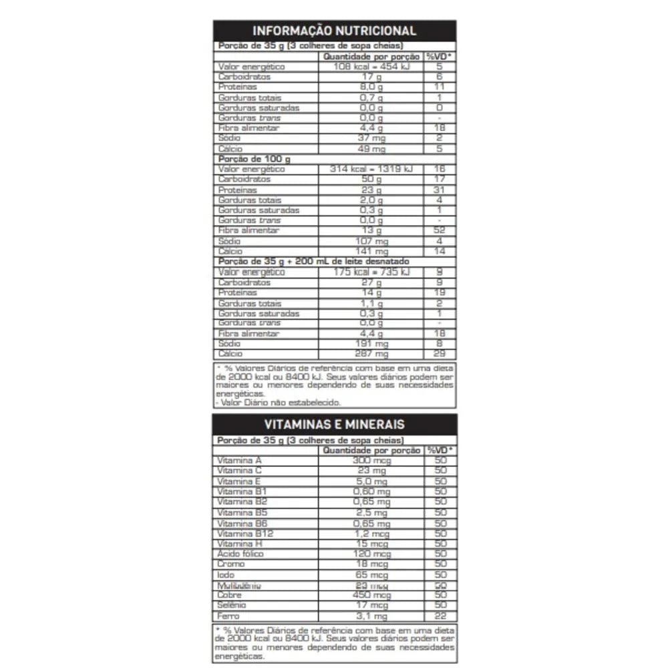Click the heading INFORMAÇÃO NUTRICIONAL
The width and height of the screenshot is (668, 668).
tap(334, 31)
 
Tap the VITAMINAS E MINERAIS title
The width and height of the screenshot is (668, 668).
tap(334, 424)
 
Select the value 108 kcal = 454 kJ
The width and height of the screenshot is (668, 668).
tap(371, 67)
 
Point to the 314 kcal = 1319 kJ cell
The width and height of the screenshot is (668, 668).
tap(371, 170)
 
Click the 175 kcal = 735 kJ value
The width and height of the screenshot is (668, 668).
tap(371, 272)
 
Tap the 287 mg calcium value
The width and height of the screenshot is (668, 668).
tap(371, 354)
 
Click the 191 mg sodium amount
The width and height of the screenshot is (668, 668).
tap(371, 344)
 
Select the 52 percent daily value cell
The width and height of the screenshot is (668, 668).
tap(440, 230)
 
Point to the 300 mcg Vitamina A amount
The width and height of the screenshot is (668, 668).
tap(371, 461)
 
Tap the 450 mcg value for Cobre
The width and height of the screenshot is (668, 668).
tap(371, 595)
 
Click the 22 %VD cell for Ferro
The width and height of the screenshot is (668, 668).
tap(440, 616)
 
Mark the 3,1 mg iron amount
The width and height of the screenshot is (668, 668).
tap(371, 616)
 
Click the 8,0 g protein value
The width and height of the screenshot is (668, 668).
tap(371, 88)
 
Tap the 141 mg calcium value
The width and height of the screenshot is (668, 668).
tap(371, 251)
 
